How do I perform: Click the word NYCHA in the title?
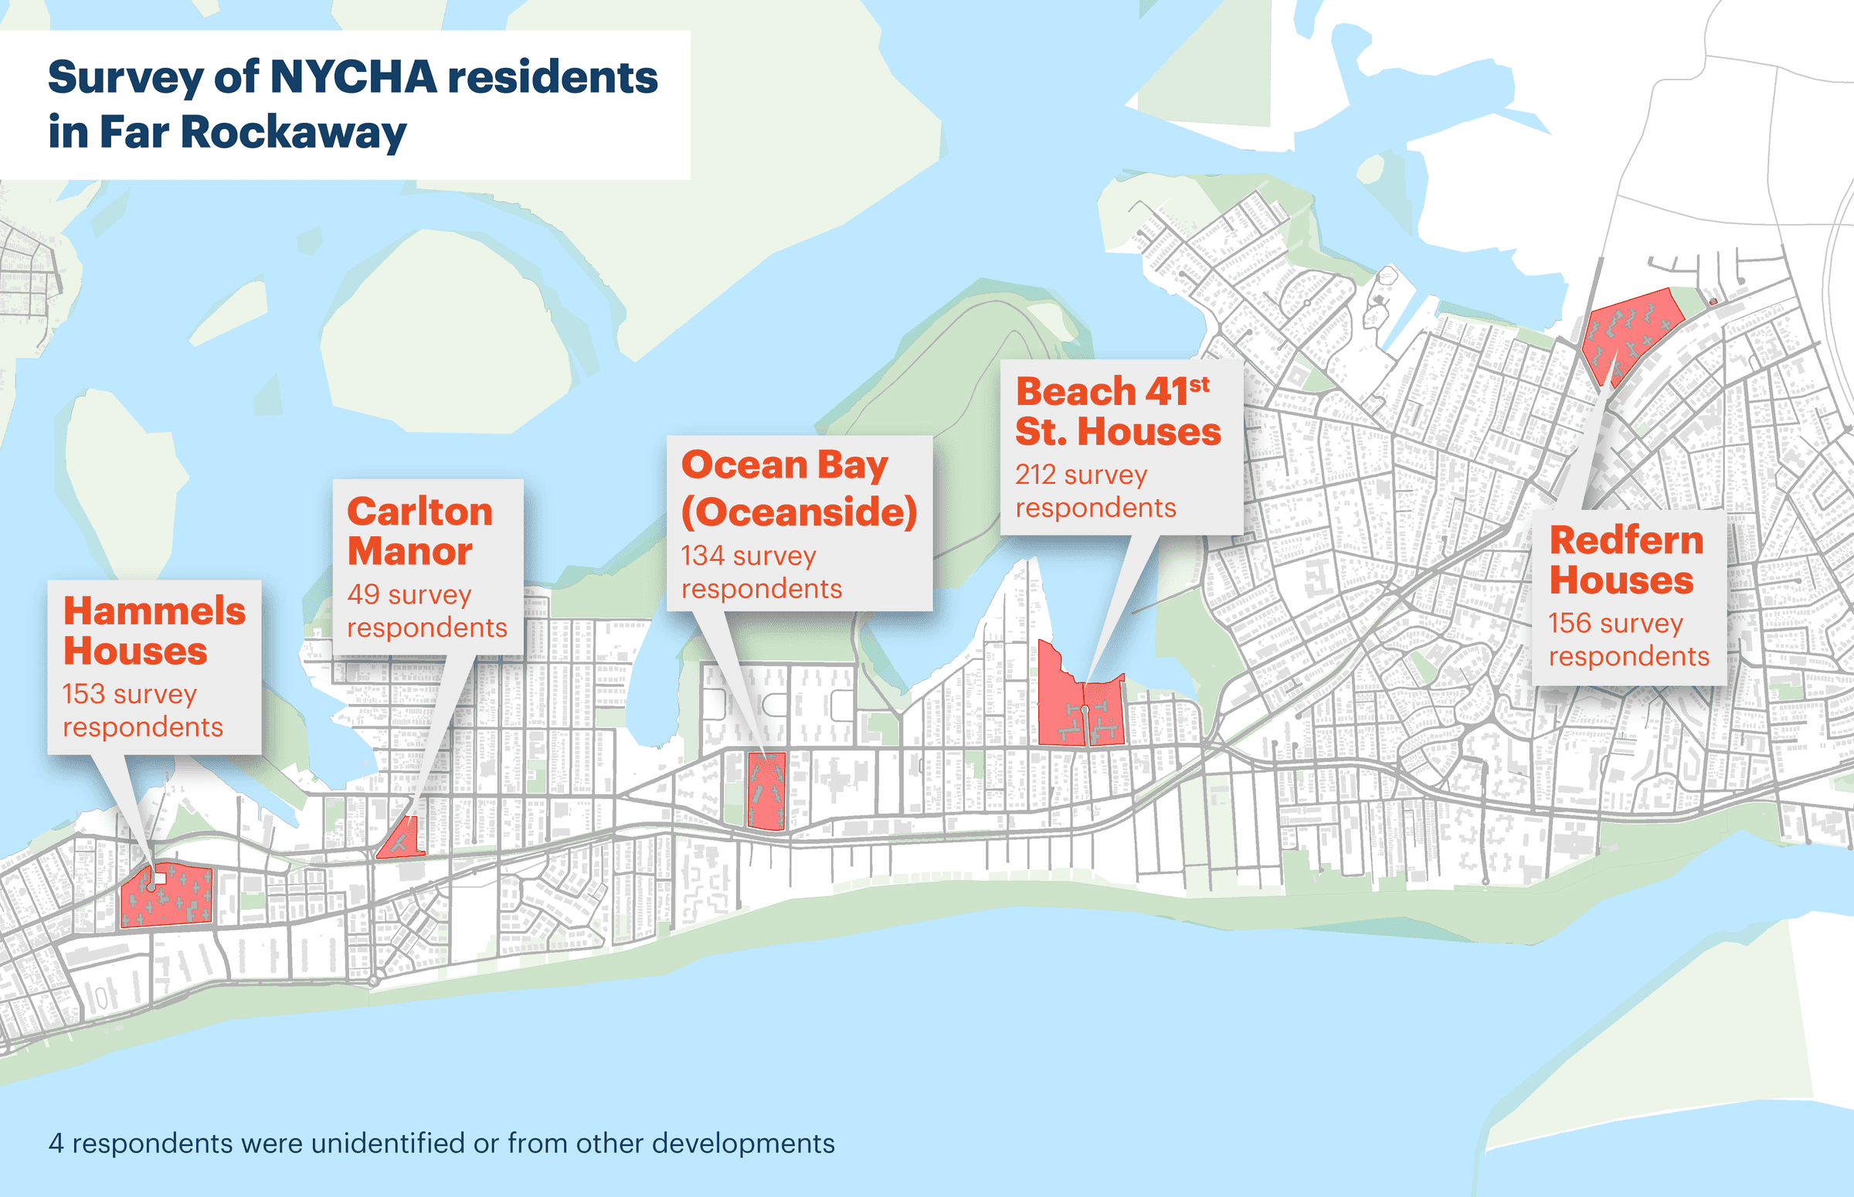click(353, 77)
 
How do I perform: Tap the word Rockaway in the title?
click(293, 132)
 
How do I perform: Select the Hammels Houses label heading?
click(154, 631)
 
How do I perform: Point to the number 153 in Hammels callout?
click(83, 693)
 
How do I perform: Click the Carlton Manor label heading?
click(419, 531)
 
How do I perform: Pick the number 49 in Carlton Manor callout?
click(363, 594)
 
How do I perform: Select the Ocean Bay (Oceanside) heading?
click(799, 488)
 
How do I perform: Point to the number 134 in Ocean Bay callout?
click(702, 556)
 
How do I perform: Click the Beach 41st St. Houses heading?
click(1117, 410)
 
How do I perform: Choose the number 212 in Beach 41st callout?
click(1035, 474)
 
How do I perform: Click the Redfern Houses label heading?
click(1625, 559)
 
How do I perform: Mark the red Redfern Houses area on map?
click(1628, 330)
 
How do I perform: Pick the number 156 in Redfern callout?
click(1570, 623)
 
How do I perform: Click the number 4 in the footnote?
click(56, 1144)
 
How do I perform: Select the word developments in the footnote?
click(743, 1144)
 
